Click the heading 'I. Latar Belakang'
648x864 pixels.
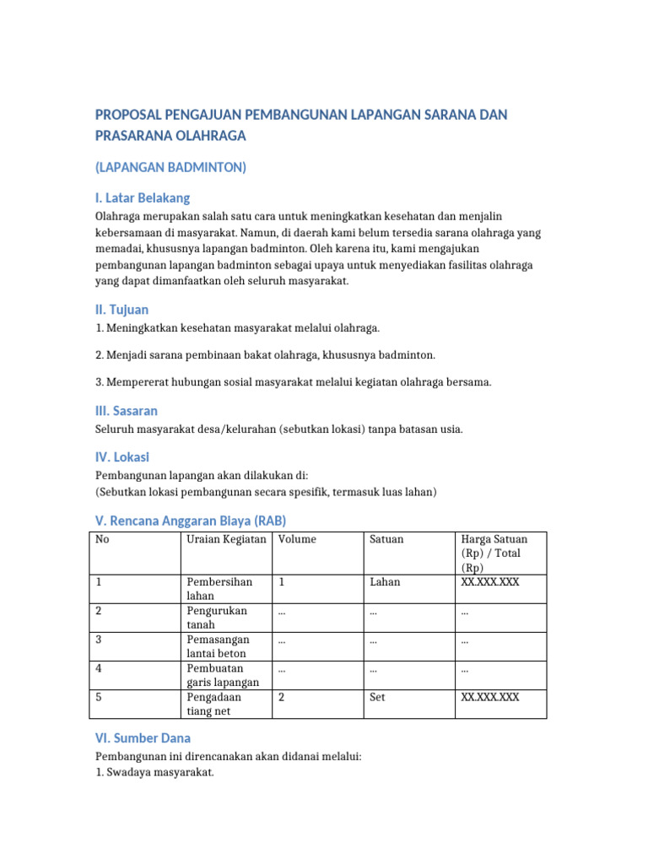tap(143, 198)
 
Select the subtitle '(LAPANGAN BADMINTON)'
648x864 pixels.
tap(170, 167)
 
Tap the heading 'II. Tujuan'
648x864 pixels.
tap(122, 310)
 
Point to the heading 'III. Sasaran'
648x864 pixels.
tap(127, 411)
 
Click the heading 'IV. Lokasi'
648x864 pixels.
tap(122, 456)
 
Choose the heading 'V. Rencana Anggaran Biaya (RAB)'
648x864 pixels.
tap(197, 521)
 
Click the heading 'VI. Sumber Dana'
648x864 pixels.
tap(143, 737)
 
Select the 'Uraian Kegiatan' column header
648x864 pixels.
tap(226, 539)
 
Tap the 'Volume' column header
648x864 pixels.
tap(297, 539)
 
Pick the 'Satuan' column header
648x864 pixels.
tap(386, 539)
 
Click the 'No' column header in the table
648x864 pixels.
tap(102, 539)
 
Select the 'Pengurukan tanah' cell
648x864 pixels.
tap(212, 618)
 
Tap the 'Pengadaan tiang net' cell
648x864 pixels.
tap(214, 705)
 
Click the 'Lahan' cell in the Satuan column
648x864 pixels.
tap(385, 582)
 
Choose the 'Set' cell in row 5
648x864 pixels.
tap(377, 698)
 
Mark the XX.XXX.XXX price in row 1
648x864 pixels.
tap(490, 582)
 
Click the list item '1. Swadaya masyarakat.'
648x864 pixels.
tap(154, 771)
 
